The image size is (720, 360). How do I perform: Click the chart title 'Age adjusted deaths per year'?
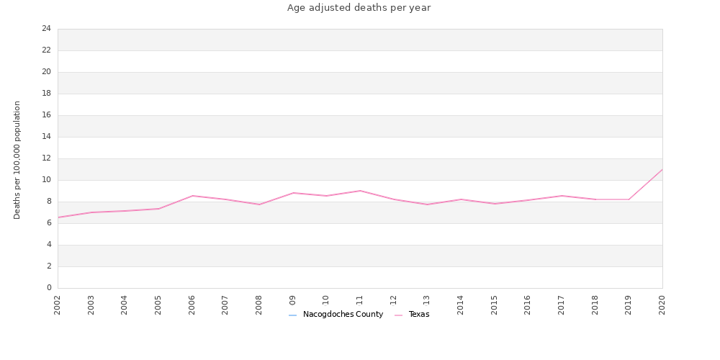tap(359, 8)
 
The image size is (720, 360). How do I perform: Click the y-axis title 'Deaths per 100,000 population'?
tap(17, 160)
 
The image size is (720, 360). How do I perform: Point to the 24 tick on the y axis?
tap(46, 29)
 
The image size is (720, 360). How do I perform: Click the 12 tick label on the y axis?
tap(46, 158)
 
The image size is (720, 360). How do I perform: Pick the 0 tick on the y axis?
tap(48, 288)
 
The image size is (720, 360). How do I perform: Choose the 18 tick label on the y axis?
tap(46, 94)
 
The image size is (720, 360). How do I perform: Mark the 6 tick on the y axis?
tap(48, 223)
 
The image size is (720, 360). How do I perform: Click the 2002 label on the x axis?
tap(58, 304)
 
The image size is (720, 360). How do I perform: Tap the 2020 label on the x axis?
tap(662, 304)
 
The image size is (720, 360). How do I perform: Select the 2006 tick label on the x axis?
tap(192, 304)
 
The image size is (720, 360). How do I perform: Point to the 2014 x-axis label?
tap(461, 304)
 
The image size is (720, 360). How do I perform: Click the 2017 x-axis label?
tap(562, 304)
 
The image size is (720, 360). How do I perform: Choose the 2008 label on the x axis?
tap(259, 304)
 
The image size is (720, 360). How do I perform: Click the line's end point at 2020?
tap(662, 169)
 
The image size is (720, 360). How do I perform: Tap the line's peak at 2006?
tap(192, 196)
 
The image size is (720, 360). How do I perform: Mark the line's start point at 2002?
tap(58, 217)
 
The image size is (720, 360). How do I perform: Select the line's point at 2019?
tap(629, 199)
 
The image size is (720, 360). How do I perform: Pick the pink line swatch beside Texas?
tap(399, 315)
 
